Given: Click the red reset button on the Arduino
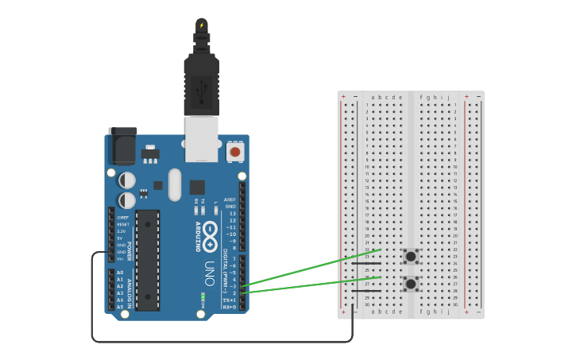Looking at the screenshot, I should click(x=235, y=151).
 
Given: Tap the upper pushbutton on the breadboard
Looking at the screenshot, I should click(x=411, y=256).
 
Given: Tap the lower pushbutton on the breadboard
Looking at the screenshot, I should click(x=411, y=284).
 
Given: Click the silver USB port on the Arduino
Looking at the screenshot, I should click(x=202, y=138).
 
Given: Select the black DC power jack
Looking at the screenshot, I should click(x=122, y=146).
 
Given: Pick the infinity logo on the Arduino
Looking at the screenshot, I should click(x=210, y=233).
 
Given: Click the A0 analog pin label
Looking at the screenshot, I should click(x=120, y=273).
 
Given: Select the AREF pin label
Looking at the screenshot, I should click(x=230, y=199).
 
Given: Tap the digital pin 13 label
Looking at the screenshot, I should click(x=232, y=214).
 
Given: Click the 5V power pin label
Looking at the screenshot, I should click(x=120, y=238).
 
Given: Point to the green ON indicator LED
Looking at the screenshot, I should click(x=203, y=299).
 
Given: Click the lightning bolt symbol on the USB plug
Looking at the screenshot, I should click(x=202, y=25).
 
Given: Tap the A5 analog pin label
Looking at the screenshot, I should click(x=120, y=306).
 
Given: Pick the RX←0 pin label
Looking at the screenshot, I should click(x=229, y=306).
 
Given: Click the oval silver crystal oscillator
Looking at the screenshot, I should click(x=175, y=184).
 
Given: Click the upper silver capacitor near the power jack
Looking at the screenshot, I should click(x=127, y=180).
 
